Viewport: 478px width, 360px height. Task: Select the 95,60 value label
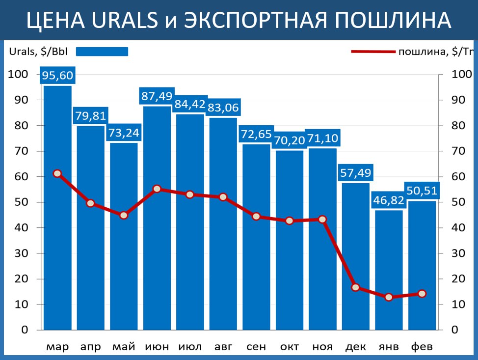[57, 76]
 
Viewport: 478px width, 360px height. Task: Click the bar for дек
[356, 255]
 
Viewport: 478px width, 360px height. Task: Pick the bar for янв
[389, 270]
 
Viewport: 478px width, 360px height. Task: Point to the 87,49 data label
[157, 96]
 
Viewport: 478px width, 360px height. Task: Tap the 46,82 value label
[389, 200]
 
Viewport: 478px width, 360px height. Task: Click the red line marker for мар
[57, 173]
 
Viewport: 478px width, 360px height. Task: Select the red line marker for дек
[356, 287]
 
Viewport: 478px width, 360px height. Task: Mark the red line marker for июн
[157, 189]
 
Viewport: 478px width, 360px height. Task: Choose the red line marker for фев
[422, 294]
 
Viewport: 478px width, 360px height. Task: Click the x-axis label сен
[256, 347]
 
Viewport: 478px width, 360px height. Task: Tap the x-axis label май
[124, 347]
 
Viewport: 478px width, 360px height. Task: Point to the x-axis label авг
[223, 347]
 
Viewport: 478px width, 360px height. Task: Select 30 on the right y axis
[458, 253]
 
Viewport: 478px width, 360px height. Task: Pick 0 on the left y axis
[25, 330]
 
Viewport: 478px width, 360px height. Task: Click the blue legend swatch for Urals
[102, 52]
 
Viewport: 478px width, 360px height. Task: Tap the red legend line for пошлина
[373, 52]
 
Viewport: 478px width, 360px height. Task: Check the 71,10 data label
[322, 138]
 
